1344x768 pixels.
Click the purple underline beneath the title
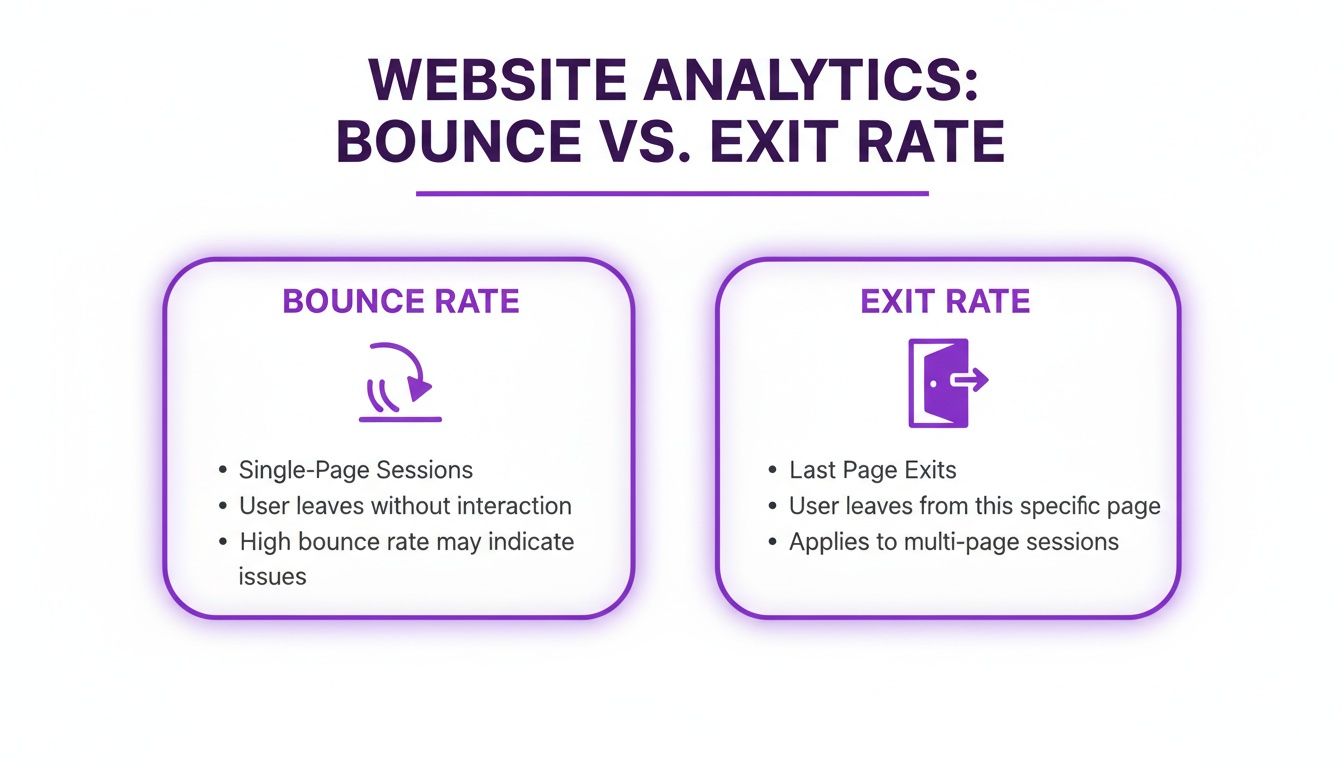672,194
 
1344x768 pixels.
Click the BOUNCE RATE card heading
401,302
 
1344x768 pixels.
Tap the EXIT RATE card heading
945,302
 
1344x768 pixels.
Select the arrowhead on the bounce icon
424,385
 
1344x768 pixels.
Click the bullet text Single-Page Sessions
356,470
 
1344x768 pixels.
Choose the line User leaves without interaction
405,506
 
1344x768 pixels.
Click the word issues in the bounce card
272,576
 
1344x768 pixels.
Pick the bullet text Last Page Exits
873,470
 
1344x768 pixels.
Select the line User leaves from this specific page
975,506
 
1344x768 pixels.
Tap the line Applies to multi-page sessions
954,542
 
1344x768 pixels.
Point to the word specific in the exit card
1053,506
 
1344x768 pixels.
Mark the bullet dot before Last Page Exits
772,471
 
